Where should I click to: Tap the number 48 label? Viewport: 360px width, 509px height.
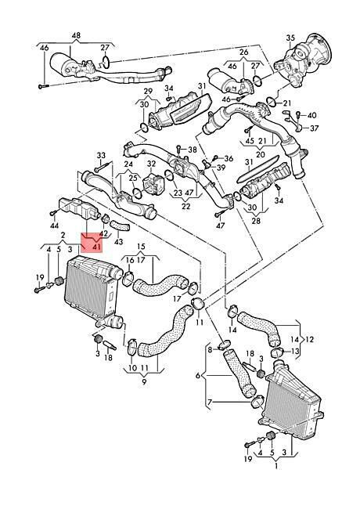pos(76,34)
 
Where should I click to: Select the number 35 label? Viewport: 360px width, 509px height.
pos(290,38)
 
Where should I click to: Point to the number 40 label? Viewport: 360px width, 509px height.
pos(311,116)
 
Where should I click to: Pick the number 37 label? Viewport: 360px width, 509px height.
pos(314,128)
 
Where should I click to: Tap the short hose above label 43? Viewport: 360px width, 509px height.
pos(119,226)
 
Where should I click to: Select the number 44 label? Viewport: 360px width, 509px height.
pos(55,226)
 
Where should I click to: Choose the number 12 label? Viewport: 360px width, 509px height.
pos(309,340)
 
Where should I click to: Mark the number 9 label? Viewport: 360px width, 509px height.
pos(144,382)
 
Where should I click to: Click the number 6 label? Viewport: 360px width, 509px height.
pos(198,376)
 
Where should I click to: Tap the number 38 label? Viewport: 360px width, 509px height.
pos(193,150)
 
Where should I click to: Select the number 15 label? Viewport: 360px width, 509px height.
pos(140,247)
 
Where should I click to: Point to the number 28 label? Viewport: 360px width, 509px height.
pos(256,222)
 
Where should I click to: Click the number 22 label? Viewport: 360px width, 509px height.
pos(185,207)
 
